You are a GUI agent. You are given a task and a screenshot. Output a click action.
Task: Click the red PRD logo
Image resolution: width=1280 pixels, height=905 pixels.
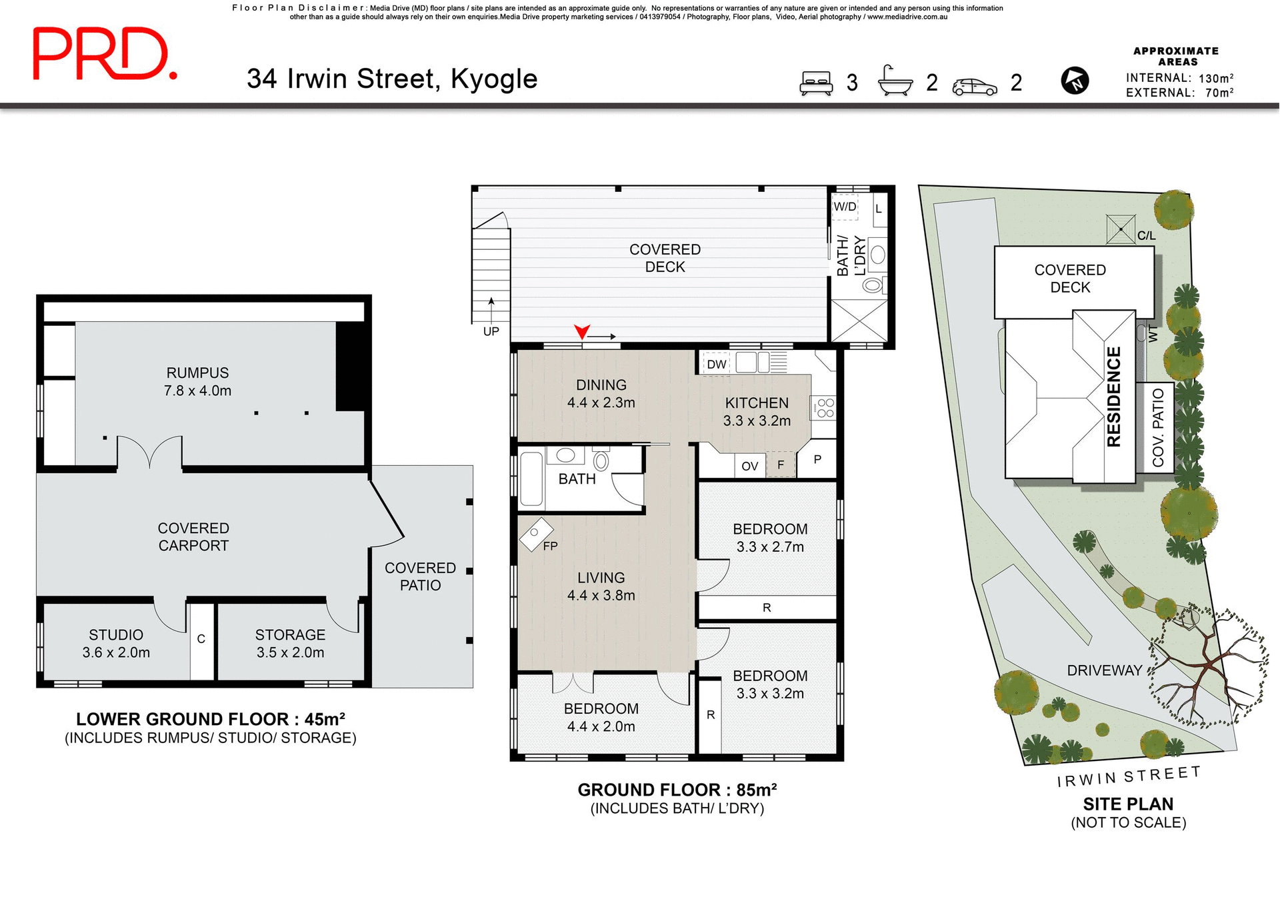point(105,55)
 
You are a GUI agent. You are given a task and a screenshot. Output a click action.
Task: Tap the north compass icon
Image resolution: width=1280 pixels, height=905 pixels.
point(1074,81)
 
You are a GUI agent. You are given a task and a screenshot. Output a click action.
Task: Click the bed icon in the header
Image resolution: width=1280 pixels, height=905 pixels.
point(816,83)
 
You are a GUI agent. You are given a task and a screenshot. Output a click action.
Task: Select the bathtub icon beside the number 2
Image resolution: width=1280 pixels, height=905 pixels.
point(895,81)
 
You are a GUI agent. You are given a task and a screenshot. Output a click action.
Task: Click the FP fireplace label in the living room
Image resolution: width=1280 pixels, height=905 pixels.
point(550,546)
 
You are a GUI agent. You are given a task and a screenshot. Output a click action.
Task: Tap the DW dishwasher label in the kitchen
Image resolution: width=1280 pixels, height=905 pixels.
point(717,365)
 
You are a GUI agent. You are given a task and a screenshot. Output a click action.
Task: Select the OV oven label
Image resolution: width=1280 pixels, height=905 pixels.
point(749,466)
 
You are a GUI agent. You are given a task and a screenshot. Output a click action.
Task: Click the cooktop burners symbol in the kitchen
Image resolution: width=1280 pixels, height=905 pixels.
point(825,408)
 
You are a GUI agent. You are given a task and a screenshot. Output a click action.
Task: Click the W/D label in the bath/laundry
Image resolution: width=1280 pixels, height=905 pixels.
point(845,207)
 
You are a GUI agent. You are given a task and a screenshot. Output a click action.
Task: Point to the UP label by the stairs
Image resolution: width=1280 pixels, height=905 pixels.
point(491,331)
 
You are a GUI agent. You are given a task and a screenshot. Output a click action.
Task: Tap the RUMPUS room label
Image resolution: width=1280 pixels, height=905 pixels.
point(197,373)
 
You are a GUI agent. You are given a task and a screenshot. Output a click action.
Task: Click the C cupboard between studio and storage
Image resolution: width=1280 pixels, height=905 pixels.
point(201,639)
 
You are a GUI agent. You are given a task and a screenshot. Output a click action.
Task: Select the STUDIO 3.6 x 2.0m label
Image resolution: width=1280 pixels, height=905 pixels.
point(116,644)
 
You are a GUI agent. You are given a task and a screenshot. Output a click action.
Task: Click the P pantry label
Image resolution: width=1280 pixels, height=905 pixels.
point(817,459)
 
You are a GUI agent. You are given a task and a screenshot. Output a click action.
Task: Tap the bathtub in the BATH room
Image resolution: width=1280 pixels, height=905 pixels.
point(531,479)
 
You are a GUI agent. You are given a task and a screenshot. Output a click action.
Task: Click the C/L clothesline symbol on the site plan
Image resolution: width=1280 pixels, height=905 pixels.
point(1121,229)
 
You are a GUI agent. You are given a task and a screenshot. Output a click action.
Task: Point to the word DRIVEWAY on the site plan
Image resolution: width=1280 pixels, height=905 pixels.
point(1104,670)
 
